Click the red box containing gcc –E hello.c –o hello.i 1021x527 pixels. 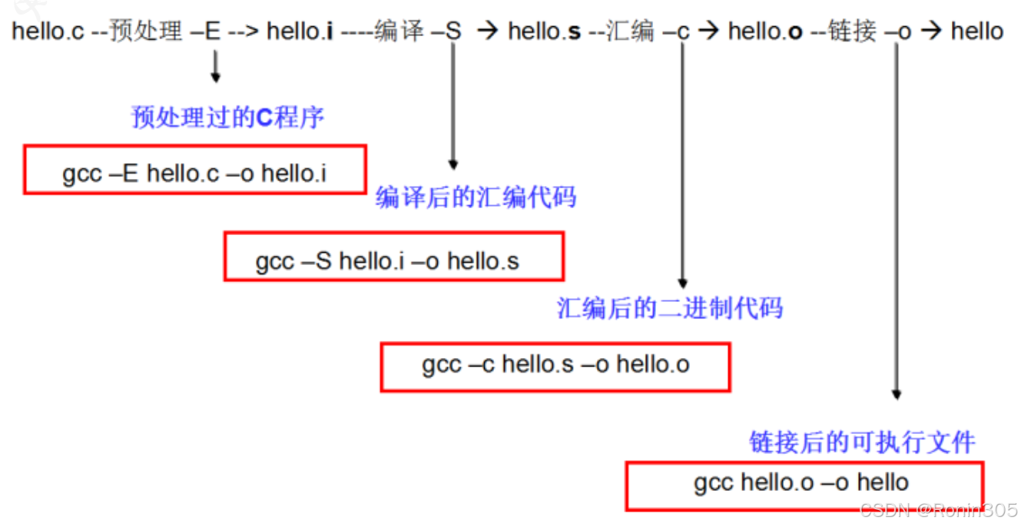pos(194,170)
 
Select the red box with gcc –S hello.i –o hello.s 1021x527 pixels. pos(393,257)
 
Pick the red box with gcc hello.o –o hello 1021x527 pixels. pos(804,486)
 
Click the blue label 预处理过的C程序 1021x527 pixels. pos(228,118)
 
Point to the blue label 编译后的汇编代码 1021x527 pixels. pos(476,197)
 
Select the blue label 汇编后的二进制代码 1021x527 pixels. pos(669,308)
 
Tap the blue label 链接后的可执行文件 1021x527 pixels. pos(862,442)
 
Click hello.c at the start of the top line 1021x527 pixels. pos(48,31)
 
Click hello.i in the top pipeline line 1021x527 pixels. pos(300,31)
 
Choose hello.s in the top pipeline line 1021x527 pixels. pos(544,31)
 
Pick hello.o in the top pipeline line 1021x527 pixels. pos(765,31)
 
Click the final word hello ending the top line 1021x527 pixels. pos(976,31)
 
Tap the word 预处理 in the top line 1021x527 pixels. pos(146,31)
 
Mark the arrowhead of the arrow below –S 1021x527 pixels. pos(453,164)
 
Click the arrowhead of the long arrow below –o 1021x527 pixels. pos(896,394)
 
